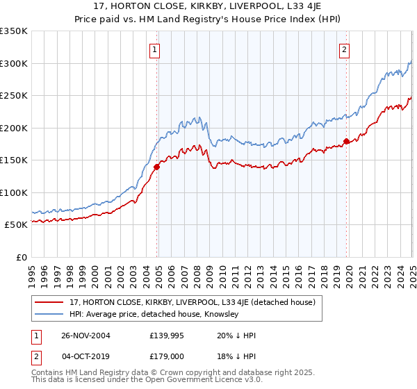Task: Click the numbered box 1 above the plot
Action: point(154,49)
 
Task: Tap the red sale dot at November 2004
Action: point(157,167)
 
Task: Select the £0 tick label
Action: point(20,257)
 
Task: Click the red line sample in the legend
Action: point(49,302)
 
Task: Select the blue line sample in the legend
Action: point(49,315)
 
